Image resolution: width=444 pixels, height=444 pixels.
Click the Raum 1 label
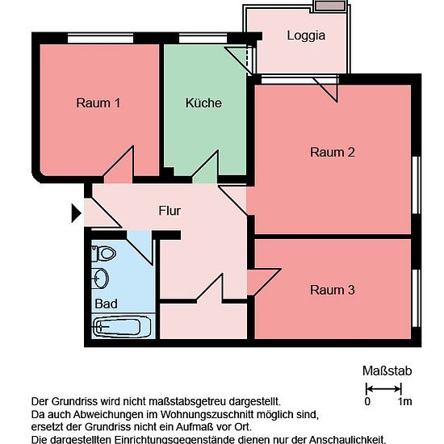(x=98, y=103)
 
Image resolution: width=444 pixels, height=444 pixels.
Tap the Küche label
(x=203, y=103)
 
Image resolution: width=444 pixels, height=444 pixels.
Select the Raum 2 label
(x=333, y=153)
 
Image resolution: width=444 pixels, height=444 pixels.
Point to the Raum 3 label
(x=333, y=290)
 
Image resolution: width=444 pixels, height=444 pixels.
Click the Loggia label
(x=306, y=36)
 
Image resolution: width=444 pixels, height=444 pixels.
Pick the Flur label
(x=170, y=211)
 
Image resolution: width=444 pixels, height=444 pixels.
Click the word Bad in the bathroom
(x=107, y=304)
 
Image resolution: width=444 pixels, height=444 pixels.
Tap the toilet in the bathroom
(x=104, y=253)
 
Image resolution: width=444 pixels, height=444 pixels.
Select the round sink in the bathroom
(x=101, y=278)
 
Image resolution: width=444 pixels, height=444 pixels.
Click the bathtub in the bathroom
(x=120, y=327)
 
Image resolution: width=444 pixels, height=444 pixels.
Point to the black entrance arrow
(x=76, y=213)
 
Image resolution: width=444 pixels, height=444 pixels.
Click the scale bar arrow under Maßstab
(x=383, y=388)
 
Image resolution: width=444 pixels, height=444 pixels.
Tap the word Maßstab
(x=387, y=371)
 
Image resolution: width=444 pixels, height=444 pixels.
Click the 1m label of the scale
(x=404, y=401)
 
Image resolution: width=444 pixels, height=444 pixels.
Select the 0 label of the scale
(x=367, y=401)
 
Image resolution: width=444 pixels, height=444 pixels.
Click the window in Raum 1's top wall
(x=101, y=38)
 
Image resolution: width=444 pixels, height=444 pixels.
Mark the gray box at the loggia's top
(x=330, y=6)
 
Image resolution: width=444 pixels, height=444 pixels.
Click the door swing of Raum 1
(x=118, y=165)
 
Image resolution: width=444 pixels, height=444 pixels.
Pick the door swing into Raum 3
(x=264, y=282)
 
